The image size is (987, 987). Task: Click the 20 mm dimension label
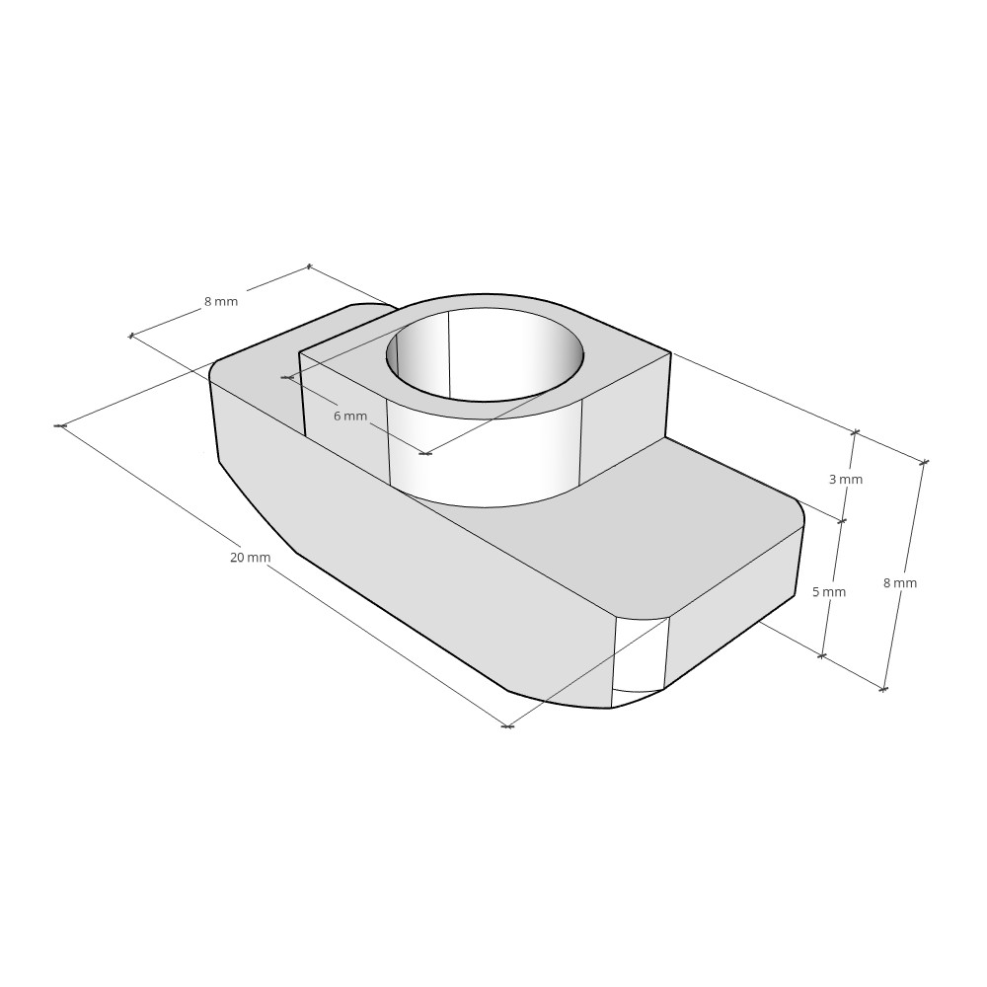point(250,558)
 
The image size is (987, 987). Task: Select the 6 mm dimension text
point(349,417)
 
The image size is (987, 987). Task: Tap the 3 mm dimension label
point(845,480)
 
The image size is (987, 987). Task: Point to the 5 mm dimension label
point(829,592)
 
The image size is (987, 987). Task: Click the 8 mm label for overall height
point(899,583)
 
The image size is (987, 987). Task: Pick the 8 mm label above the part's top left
point(221,301)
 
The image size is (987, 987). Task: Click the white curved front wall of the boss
point(484,459)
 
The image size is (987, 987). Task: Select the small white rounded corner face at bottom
point(640,656)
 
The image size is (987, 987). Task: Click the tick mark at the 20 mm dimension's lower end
point(507,726)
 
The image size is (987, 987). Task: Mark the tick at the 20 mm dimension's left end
point(60,425)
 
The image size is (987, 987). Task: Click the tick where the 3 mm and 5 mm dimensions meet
point(842,521)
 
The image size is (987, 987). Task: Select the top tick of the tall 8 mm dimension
point(925,462)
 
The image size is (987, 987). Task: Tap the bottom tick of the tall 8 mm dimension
point(883,689)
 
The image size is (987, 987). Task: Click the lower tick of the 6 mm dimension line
point(425,454)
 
